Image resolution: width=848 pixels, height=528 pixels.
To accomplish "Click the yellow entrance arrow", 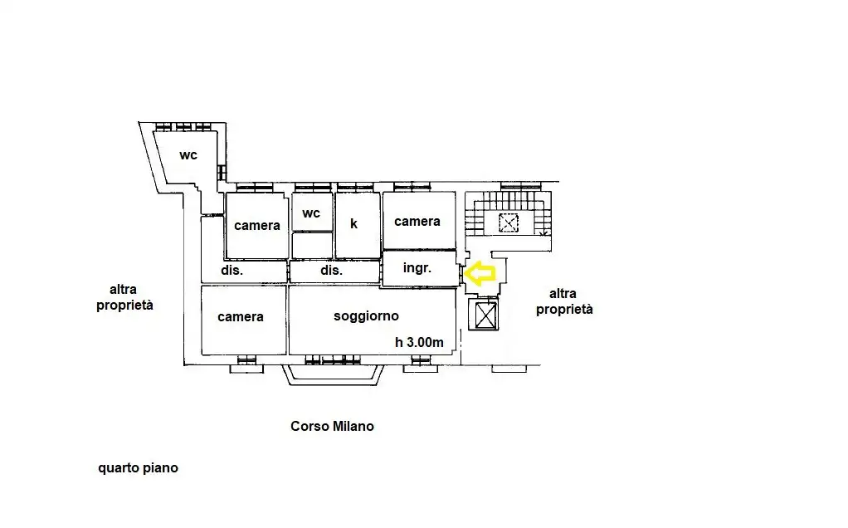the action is (x=479, y=273).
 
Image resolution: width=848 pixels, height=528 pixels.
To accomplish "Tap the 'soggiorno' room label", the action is (x=366, y=316).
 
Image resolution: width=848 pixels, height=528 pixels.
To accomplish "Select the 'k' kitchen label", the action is (x=353, y=223).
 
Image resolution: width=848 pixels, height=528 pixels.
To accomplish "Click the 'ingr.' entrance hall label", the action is (x=417, y=268).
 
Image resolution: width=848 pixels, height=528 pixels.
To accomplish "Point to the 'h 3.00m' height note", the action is (x=419, y=342).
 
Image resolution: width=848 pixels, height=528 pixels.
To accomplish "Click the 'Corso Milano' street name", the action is (x=332, y=426).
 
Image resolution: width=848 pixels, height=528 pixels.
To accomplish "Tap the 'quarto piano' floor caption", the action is (x=138, y=468).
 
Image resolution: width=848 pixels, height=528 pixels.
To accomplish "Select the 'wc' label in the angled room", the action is (x=188, y=155).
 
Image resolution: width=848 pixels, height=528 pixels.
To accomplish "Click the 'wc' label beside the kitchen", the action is (x=311, y=213).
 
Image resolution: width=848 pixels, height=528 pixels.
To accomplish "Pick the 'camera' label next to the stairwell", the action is (x=417, y=222).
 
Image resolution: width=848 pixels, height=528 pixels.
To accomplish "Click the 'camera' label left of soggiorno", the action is (x=240, y=316).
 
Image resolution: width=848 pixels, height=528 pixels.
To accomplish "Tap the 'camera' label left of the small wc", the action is (x=257, y=225).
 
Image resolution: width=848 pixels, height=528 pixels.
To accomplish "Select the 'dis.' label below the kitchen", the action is (x=332, y=270).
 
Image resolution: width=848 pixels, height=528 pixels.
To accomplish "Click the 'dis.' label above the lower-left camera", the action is (x=232, y=270).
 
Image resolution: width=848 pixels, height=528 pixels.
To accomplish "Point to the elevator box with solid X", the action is (x=485, y=315).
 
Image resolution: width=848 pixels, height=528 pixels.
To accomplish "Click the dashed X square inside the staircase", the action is (x=509, y=222).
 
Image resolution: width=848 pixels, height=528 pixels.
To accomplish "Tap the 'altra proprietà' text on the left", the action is (x=124, y=297).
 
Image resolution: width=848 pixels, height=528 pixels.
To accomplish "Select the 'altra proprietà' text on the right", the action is (x=564, y=301).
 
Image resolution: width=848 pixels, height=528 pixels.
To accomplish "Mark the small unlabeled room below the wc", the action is (x=312, y=246).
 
